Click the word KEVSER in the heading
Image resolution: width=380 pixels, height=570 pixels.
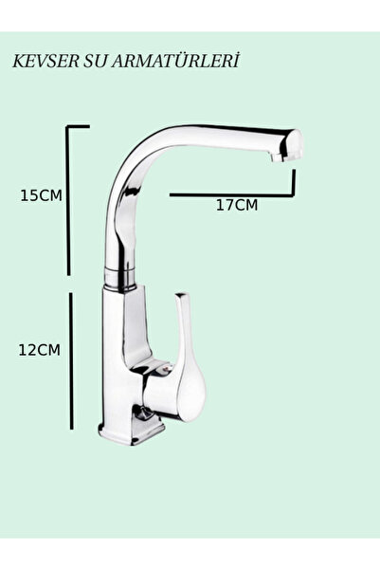coord(45,61)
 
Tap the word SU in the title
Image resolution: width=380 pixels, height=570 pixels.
coord(96,61)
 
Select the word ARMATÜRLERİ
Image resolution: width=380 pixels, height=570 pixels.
coord(176,61)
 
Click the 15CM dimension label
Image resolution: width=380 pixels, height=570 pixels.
coord(41,195)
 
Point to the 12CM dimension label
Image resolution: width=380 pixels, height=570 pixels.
coord(39,350)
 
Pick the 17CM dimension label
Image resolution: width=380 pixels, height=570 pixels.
coord(237,205)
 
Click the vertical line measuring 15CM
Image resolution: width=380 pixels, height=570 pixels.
coord(68,201)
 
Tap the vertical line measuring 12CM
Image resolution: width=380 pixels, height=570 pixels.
coord(72,360)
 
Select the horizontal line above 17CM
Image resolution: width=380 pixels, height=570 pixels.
coord(232,195)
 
